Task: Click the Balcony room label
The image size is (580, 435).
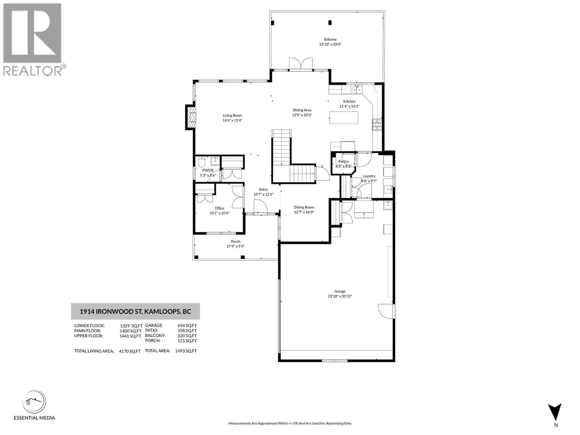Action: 330,39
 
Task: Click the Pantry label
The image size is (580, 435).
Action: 343,161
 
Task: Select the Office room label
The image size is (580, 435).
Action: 219,208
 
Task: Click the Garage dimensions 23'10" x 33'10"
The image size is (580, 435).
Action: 340,296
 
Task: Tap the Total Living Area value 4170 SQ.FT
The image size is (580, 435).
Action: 130,351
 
